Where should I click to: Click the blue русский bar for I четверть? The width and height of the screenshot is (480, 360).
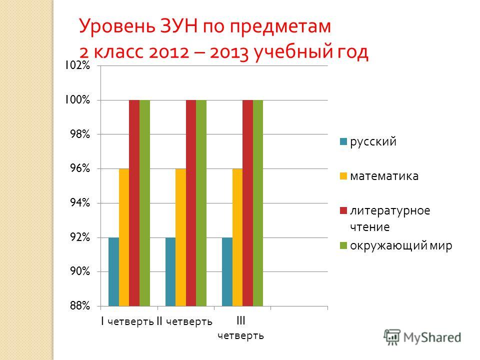point(114,272)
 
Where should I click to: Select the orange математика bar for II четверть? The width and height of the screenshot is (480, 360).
point(180,237)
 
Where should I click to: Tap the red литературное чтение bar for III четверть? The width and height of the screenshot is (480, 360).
point(247,203)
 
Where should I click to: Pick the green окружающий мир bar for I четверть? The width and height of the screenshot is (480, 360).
point(144,203)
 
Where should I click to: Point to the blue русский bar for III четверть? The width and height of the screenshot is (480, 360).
point(227,272)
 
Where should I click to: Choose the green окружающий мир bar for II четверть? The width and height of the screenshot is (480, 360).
point(201,203)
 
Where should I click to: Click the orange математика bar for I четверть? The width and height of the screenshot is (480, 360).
point(124,237)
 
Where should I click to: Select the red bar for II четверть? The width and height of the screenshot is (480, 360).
point(191,203)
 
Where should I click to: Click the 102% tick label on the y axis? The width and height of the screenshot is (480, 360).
point(77,65)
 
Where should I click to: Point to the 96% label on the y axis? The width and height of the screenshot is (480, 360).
point(80,168)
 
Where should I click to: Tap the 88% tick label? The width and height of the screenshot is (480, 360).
point(80,305)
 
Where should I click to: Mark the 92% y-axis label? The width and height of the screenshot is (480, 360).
point(80,237)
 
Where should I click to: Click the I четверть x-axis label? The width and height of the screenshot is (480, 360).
point(127,321)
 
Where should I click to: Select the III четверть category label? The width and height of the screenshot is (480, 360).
point(240,328)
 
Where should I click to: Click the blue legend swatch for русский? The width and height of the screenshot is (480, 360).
point(343,141)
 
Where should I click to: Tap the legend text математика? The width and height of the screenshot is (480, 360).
point(384,176)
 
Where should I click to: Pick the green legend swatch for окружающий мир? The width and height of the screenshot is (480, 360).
point(343,245)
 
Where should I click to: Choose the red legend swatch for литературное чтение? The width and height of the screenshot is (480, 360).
point(343,211)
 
